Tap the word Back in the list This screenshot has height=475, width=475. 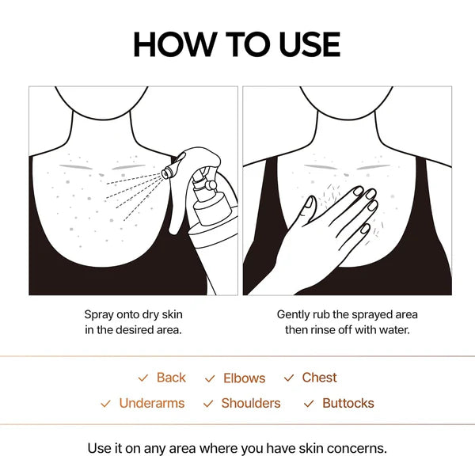click(x=171, y=378)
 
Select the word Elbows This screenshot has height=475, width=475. click(x=244, y=378)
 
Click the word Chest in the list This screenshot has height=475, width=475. click(x=319, y=378)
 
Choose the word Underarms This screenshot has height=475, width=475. click(x=151, y=403)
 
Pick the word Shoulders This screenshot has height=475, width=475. click(x=251, y=403)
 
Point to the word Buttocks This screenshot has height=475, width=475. click(x=348, y=403)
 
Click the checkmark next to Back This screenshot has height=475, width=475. click(x=142, y=378)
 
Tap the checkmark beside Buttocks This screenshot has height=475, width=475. click(x=309, y=404)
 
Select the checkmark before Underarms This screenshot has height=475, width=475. click(x=105, y=404)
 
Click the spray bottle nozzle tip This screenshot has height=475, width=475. click(x=167, y=171)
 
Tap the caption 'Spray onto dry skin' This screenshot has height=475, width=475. click(x=133, y=314)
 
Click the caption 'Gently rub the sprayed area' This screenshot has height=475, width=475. click(x=347, y=314)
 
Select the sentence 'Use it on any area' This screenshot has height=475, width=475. click(x=237, y=448)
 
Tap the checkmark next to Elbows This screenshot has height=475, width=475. click(x=210, y=379)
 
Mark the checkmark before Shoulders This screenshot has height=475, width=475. click(x=208, y=404)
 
